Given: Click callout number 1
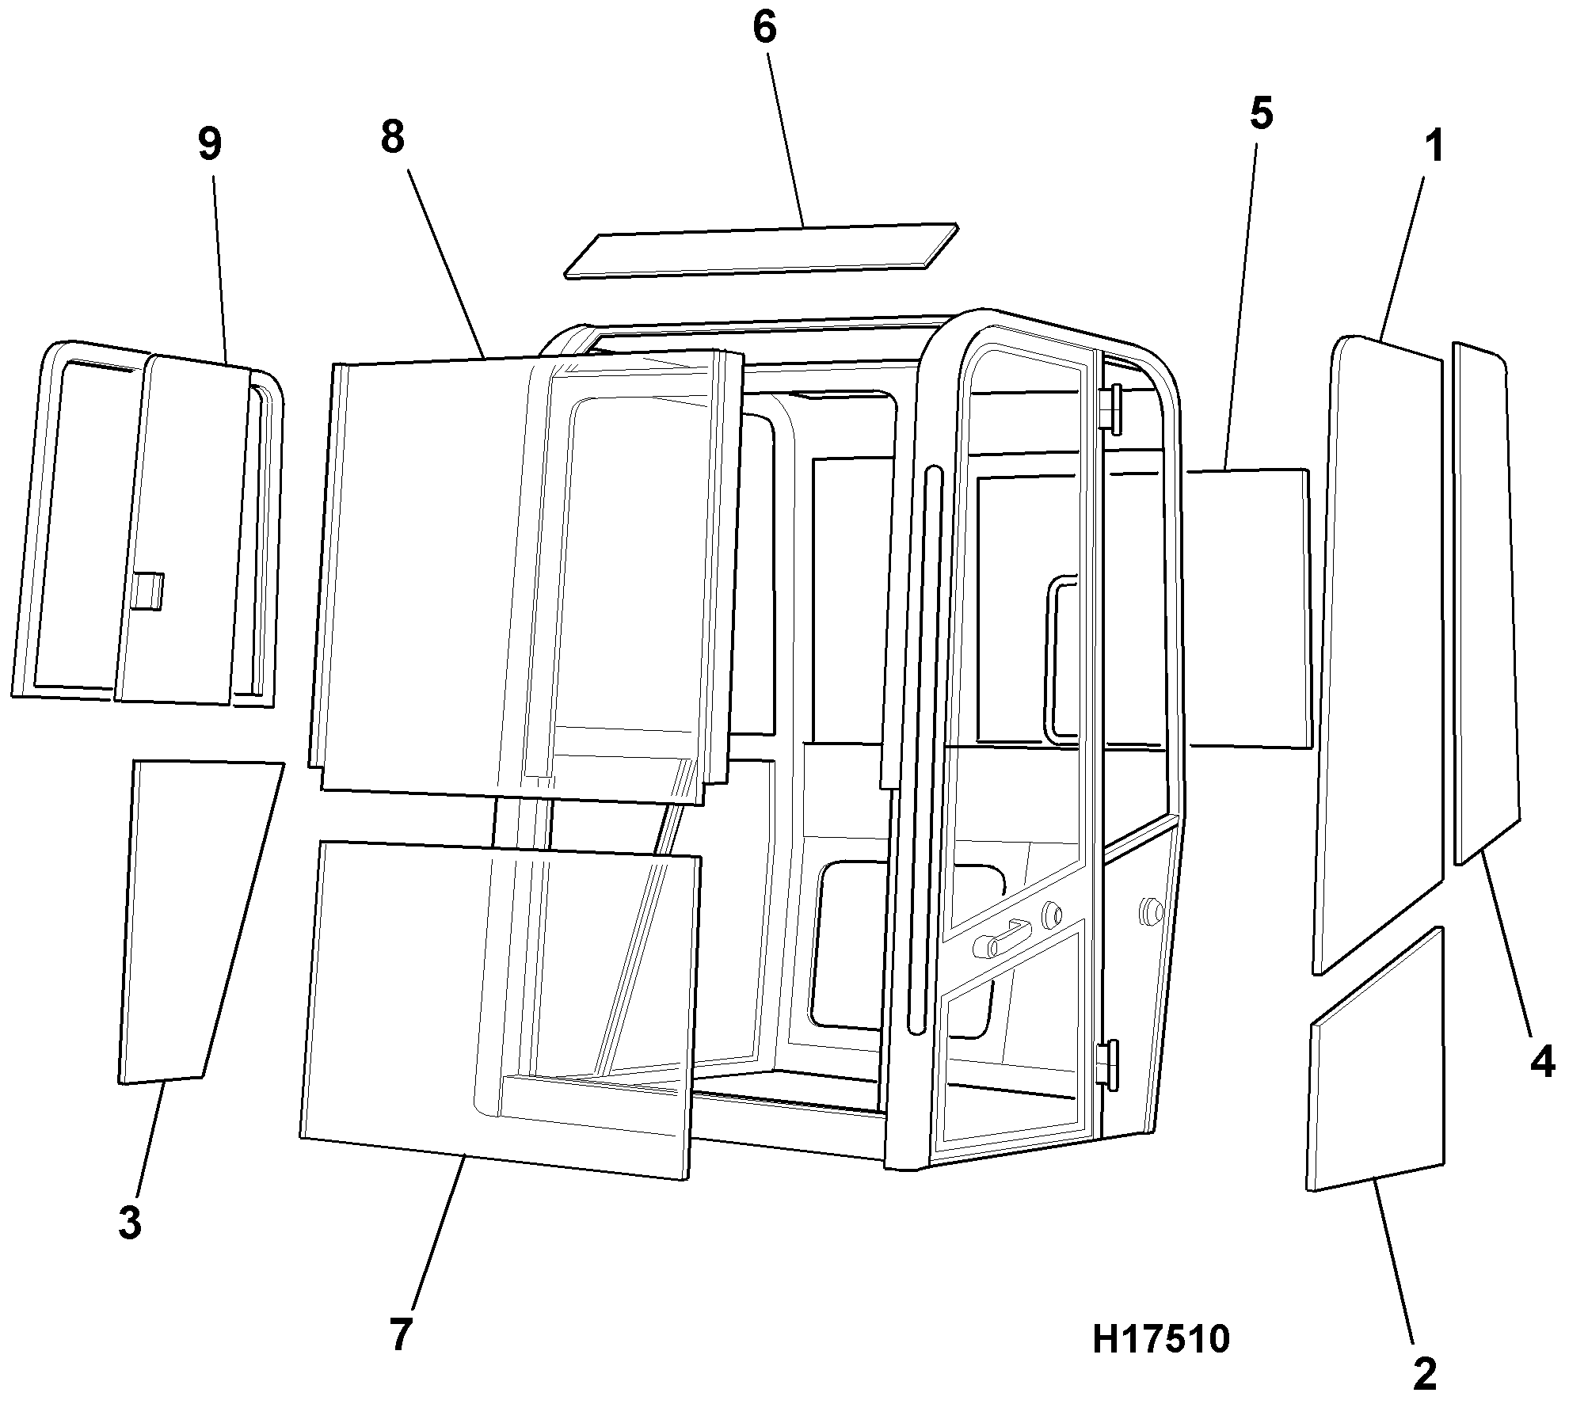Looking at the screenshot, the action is [1434, 148].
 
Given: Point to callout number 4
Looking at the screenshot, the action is [1542, 1060].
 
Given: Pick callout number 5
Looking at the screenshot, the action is [1262, 113].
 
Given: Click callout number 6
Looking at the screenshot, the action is [764, 29].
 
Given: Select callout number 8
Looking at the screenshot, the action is [392, 137].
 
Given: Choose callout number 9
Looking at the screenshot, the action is [209, 143].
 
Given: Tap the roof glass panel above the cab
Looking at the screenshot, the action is [761, 250].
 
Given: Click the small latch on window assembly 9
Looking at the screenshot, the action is [148, 591].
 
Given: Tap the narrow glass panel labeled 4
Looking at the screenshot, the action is [1487, 603].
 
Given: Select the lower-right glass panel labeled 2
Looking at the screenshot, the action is [1375, 1060].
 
